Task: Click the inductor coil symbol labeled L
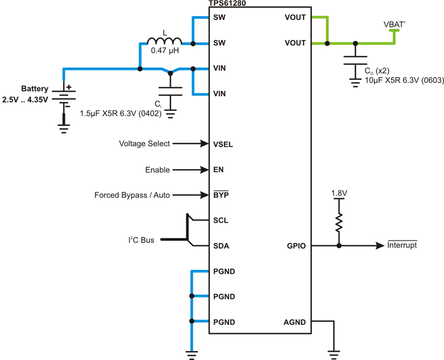pyautogui.click(x=164, y=41)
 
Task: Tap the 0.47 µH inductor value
pyautogui.click(x=165, y=51)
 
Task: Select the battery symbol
pyautogui.click(x=64, y=95)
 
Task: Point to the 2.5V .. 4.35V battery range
pyautogui.click(x=25, y=100)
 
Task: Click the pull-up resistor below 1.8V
pyautogui.click(x=339, y=223)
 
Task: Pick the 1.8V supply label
pyautogui.click(x=339, y=193)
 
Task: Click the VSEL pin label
pyautogui.click(x=223, y=144)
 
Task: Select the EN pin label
pyautogui.click(x=218, y=170)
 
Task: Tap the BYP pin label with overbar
pyautogui.click(x=221, y=195)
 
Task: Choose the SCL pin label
pyautogui.click(x=221, y=220)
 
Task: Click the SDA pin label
pyautogui.click(x=221, y=246)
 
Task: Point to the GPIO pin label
pyautogui.click(x=296, y=246)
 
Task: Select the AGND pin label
pyautogui.click(x=294, y=322)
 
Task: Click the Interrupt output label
pyautogui.click(x=402, y=245)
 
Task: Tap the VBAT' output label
pyautogui.click(x=394, y=24)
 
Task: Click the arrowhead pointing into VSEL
pyautogui.click(x=205, y=144)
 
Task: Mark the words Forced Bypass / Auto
pyautogui.click(x=132, y=195)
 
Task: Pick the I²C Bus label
pyautogui.click(x=141, y=240)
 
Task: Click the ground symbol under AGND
pyautogui.click(x=334, y=355)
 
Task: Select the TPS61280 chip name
pyautogui.click(x=227, y=3)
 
